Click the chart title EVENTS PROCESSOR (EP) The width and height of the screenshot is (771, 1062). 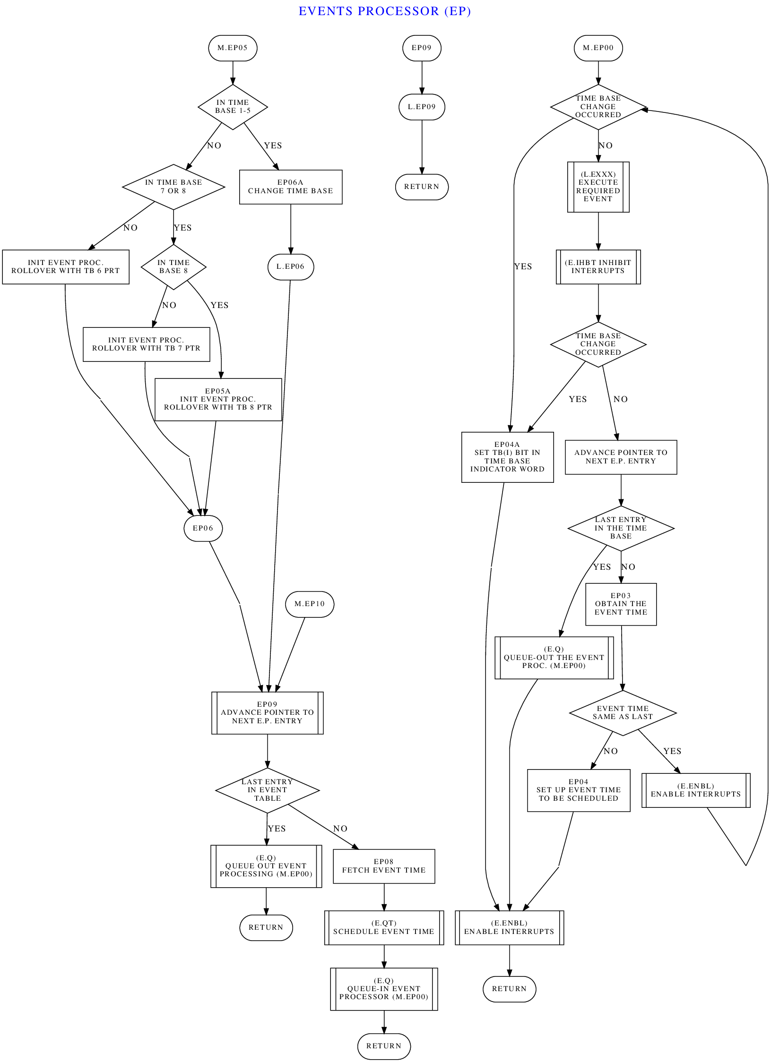[x=384, y=11]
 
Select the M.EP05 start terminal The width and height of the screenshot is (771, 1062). [x=233, y=48]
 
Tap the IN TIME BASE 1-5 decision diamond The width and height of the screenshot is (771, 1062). [x=233, y=107]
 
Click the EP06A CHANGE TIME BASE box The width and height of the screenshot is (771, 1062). [x=291, y=187]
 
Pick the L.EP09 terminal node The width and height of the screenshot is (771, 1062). [x=422, y=107]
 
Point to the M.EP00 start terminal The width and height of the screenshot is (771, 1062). [x=598, y=48]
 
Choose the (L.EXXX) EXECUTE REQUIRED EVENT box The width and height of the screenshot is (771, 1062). [x=598, y=187]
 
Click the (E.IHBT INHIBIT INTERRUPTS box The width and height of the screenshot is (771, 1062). [x=598, y=267]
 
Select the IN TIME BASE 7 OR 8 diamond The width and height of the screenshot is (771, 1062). [x=173, y=187]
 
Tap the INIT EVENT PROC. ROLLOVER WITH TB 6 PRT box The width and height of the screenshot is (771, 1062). [x=66, y=267]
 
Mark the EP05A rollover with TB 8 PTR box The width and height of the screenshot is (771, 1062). [x=218, y=399]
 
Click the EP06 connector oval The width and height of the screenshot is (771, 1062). [x=203, y=528]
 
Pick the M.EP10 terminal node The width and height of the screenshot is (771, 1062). [x=310, y=604]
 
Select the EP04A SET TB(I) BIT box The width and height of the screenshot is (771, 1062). [x=507, y=457]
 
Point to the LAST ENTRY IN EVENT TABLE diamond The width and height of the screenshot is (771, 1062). [x=268, y=790]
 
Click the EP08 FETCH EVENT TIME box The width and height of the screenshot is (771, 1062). [x=384, y=866]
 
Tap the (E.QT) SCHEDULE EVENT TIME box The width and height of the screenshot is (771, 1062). [x=384, y=927]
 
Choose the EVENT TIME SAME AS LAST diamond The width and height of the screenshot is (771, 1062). [x=623, y=713]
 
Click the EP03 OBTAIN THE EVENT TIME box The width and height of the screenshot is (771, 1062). [x=621, y=604]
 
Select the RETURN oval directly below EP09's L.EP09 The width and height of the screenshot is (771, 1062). [x=422, y=187]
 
